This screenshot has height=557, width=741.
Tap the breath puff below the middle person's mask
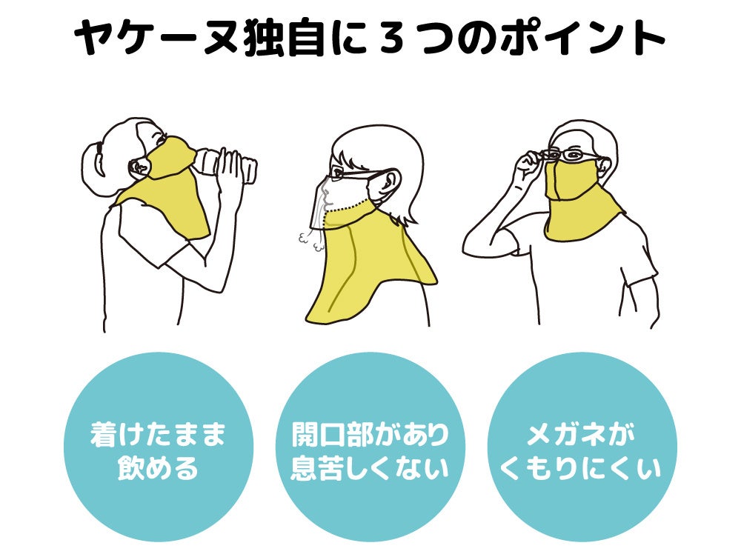(x=305, y=239)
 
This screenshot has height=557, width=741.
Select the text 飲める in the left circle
(x=157, y=470)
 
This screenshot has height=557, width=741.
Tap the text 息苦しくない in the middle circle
(x=370, y=470)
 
